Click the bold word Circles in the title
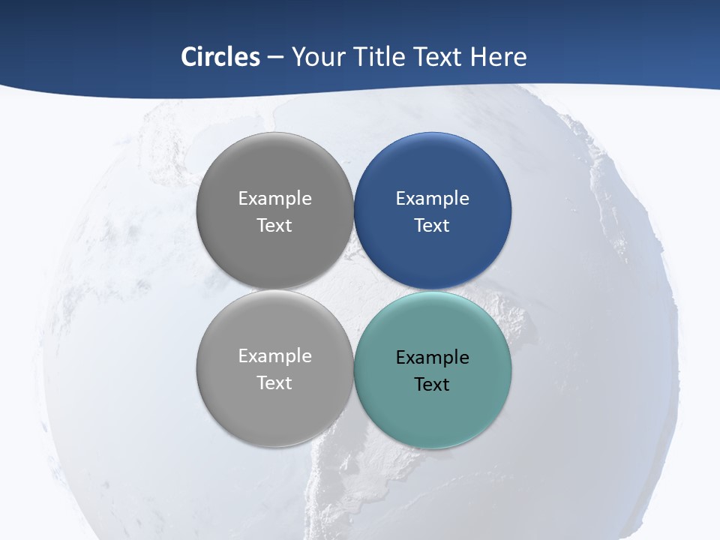pyautogui.click(x=220, y=57)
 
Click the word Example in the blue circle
pyautogui.click(x=432, y=199)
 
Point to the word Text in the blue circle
pyautogui.click(x=432, y=226)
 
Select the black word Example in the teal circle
pyautogui.click(x=432, y=358)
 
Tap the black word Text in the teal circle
pyautogui.click(x=432, y=385)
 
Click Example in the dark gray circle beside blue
pyautogui.click(x=274, y=199)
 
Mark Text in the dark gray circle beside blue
pyautogui.click(x=274, y=226)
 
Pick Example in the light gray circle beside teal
pyautogui.click(x=274, y=356)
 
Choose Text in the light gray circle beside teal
pyautogui.click(x=274, y=383)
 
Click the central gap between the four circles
pyautogui.click(x=354, y=290)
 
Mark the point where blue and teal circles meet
pyautogui.click(x=433, y=290)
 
